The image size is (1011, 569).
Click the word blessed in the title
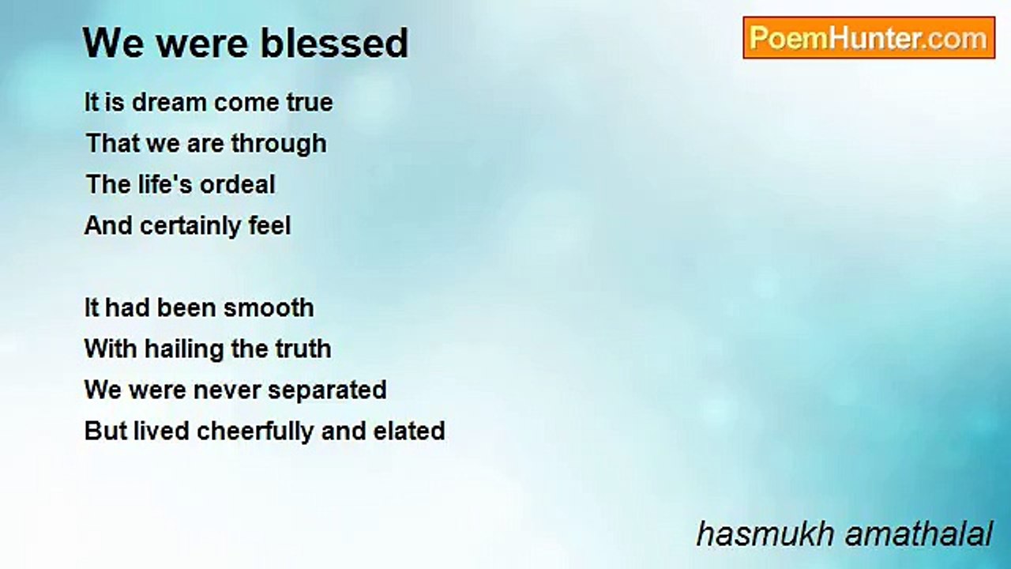(x=334, y=43)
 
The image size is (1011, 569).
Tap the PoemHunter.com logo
(x=869, y=38)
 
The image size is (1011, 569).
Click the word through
(x=279, y=145)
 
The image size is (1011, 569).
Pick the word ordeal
(x=238, y=184)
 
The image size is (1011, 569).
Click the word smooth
(x=269, y=307)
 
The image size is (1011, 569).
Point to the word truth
(x=303, y=349)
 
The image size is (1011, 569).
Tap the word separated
(x=327, y=391)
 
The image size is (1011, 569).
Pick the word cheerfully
(x=255, y=432)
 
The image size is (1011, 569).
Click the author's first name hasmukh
(x=765, y=533)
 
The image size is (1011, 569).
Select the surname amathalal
(x=919, y=533)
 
